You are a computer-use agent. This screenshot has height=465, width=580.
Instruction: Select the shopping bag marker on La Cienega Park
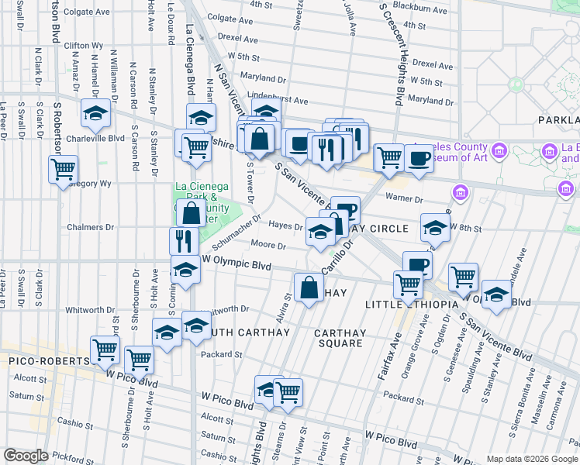[190, 213]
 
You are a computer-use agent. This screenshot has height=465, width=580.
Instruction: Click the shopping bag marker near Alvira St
[309, 287]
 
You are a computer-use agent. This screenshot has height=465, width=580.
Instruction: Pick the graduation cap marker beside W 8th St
[435, 228]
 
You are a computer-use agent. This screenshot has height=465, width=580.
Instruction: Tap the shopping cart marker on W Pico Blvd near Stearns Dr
[288, 391]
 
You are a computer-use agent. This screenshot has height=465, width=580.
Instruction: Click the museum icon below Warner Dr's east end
[460, 191]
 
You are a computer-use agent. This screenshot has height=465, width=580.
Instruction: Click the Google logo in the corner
[26, 456]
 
